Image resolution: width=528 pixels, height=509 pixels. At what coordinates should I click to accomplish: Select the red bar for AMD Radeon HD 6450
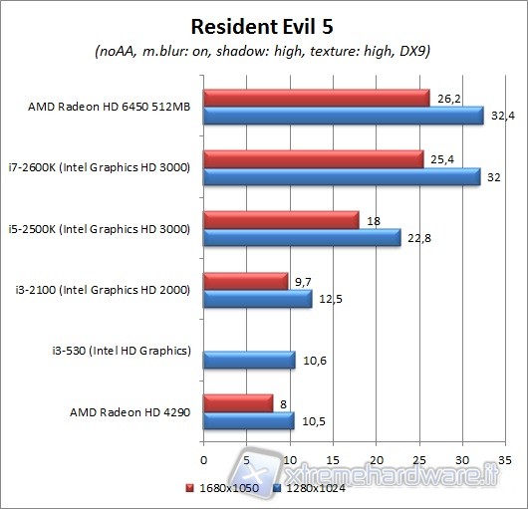coord(316,98)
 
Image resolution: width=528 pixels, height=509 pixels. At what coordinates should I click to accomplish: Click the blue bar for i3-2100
coord(257,298)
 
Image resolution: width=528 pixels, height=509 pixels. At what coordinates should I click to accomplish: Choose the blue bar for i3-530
coord(249,360)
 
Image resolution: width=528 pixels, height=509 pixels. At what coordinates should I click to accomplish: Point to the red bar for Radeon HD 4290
coord(237,402)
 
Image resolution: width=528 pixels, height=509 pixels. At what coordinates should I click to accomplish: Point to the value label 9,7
coord(304,280)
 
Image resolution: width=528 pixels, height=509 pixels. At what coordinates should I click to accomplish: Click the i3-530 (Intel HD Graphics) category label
coord(121,350)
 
